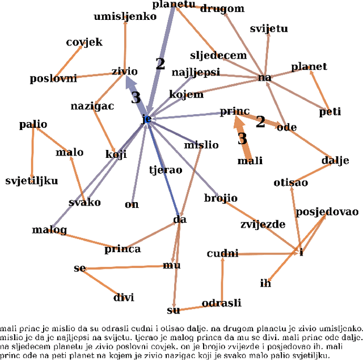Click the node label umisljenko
pyautogui.click(x=125, y=16)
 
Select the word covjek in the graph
pyautogui.click(x=84, y=42)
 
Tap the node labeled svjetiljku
pyautogui.click(x=32, y=181)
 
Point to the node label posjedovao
pyautogui.click(x=327, y=212)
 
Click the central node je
pyautogui.click(x=146, y=119)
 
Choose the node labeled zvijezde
pyautogui.click(x=262, y=224)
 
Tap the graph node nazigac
pyautogui.click(x=92, y=106)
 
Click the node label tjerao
pyautogui.click(x=165, y=169)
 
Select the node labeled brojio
pyautogui.click(x=221, y=198)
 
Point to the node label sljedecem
pyautogui.click(x=218, y=55)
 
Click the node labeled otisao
pyautogui.click(x=290, y=182)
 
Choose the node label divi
pyautogui.click(x=124, y=296)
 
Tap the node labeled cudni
pyautogui.click(x=222, y=253)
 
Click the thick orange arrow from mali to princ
pyautogui.click(x=245, y=141)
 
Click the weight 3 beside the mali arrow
pyautogui.click(x=242, y=139)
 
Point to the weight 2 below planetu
pyautogui.click(x=160, y=64)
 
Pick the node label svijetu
pyautogui.click(x=269, y=28)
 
